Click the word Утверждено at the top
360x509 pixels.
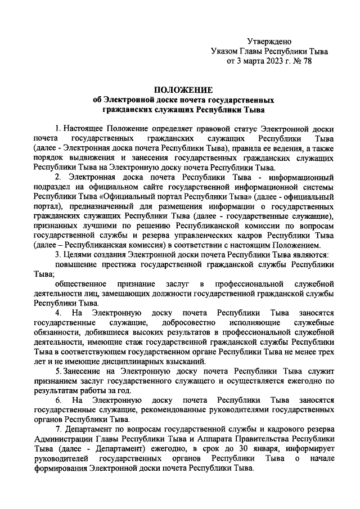point(269,41)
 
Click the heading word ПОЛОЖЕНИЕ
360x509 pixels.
point(183,89)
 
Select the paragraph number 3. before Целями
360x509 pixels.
point(58,255)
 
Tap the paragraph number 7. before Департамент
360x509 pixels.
point(58,430)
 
